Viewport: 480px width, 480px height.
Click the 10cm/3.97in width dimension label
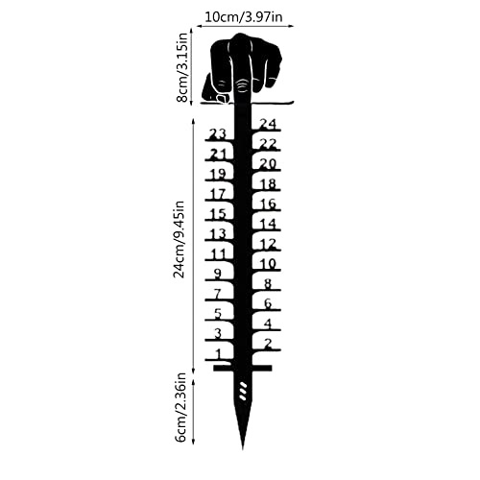point(244,16)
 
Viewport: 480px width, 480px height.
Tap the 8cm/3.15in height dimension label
point(182,67)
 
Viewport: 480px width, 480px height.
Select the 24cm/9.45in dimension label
point(180,239)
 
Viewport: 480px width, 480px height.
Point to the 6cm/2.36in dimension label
point(181,407)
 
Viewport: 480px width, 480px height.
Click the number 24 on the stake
point(268,124)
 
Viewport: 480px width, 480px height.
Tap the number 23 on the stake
point(217,133)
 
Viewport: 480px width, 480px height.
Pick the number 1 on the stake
point(219,354)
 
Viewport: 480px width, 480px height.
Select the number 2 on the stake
point(268,344)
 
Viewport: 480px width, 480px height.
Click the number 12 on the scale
point(268,244)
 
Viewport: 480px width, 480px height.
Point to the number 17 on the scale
point(218,194)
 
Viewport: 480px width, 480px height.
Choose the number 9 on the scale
point(218,274)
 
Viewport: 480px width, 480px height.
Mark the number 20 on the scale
point(268,164)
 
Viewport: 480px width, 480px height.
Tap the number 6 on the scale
point(268,303)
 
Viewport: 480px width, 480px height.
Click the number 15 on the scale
point(218,214)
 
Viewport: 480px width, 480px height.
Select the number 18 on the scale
point(268,184)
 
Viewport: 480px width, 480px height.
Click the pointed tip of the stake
point(243,448)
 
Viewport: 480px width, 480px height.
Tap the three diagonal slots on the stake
point(243,391)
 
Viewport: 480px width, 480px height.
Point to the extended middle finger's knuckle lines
point(243,85)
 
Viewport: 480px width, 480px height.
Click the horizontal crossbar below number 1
point(243,368)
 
